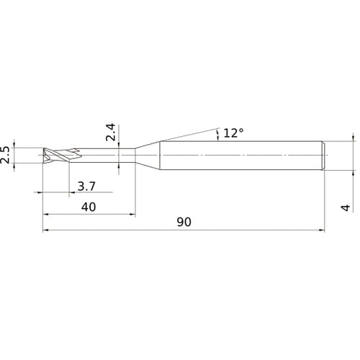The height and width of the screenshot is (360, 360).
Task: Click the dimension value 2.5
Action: click(x=6, y=154)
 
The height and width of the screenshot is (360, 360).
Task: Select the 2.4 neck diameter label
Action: click(x=110, y=133)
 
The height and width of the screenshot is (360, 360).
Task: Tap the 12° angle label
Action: click(x=234, y=132)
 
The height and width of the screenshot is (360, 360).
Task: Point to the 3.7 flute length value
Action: click(x=85, y=186)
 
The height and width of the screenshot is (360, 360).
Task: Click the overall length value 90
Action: click(x=184, y=223)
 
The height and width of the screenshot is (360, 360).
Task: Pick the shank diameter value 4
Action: click(x=346, y=207)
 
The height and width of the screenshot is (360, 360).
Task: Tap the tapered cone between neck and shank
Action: click(x=147, y=155)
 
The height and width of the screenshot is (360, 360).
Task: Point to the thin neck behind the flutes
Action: click(x=108, y=155)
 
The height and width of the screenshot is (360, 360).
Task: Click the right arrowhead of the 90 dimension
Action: click(x=320, y=231)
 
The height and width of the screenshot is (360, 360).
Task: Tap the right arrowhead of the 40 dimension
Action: click(x=131, y=215)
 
